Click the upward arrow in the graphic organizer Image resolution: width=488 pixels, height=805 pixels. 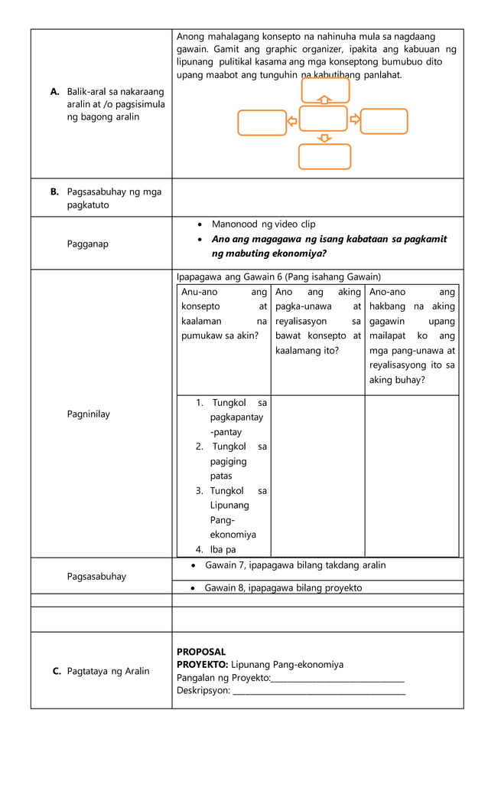[x=324, y=100]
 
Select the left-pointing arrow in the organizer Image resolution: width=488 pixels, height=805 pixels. [x=292, y=121]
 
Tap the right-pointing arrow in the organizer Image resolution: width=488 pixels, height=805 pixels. [x=355, y=120]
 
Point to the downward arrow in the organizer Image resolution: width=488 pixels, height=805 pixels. [x=324, y=138]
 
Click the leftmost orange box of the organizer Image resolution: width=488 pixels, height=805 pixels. [x=262, y=123]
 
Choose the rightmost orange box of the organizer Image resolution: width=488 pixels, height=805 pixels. [x=384, y=121]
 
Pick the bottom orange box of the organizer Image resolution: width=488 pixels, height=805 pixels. [x=324, y=156]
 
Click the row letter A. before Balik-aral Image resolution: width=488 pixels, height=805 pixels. [x=55, y=92]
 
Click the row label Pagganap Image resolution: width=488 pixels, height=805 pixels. [x=87, y=244]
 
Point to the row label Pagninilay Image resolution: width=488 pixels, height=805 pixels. [x=88, y=414]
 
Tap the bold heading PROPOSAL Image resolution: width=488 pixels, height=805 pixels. [x=201, y=652]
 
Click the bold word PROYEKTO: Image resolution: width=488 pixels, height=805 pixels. [x=202, y=665]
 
